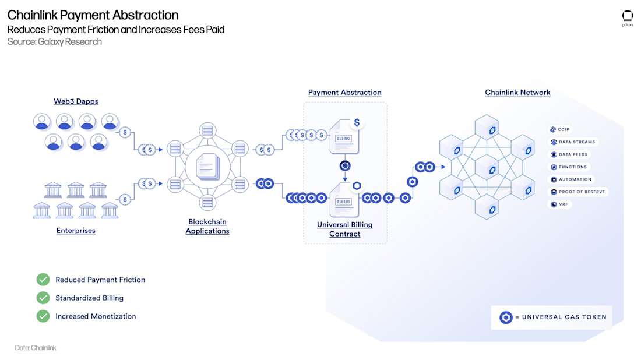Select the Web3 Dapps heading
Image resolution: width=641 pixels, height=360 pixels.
click(76, 101)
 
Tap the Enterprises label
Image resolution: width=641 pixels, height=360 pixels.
click(76, 231)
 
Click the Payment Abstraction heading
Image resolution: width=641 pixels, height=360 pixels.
click(344, 93)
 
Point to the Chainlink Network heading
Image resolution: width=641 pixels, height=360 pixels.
click(517, 93)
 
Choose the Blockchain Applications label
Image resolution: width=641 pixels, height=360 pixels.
click(207, 227)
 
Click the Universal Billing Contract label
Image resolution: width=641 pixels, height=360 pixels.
click(344, 230)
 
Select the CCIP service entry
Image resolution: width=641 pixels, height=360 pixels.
click(560, 129)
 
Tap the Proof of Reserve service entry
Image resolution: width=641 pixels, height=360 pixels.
click(578, 192)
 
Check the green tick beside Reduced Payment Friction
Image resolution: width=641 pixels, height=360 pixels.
click(43, 280)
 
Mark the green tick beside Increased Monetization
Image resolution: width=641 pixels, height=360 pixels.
click(43, 316)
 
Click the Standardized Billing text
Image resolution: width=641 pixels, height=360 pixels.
click(89, 298)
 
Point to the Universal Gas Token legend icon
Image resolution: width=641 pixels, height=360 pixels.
click(506, 317)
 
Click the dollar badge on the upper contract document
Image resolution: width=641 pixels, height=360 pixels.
click(357, 123)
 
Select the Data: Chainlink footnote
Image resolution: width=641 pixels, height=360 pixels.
click(36, 348)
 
